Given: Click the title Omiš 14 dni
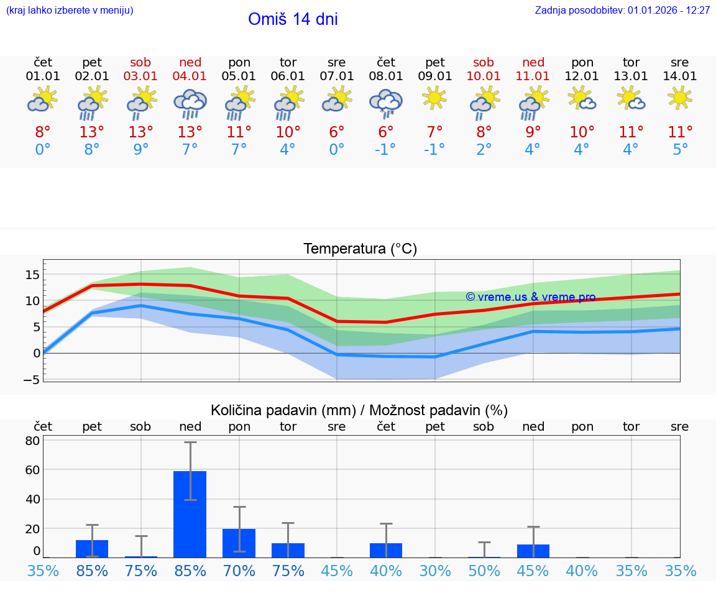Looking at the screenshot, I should coord(293,19).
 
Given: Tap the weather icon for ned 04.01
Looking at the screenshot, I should coord(190,103).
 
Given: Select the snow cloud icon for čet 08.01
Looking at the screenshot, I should coord(385,103).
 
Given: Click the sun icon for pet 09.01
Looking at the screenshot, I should coord(434,98).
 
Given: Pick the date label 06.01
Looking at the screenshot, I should coord(288,76).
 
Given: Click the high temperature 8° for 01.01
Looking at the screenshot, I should coord(42,132).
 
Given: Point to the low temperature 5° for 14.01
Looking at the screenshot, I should coord(680,150).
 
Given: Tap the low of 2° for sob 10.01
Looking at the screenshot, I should coord(484,150).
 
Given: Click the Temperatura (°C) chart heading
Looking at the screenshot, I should coord(360,249).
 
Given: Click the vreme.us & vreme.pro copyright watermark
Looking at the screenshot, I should coord(530,297).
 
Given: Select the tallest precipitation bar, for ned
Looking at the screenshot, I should coord(190,514).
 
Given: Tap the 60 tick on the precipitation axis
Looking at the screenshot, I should coord(32,470).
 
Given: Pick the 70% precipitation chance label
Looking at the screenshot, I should coord(239,571).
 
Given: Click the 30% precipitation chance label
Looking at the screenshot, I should coord(434,571).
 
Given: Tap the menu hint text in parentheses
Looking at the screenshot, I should coord(70,11).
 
